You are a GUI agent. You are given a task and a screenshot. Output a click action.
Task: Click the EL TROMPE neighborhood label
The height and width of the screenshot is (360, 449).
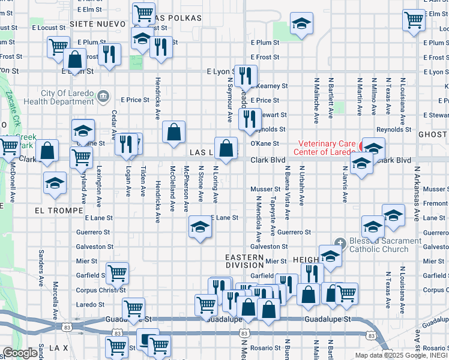coord(56,211)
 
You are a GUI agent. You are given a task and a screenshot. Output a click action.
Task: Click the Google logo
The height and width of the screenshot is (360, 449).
coord(19,353)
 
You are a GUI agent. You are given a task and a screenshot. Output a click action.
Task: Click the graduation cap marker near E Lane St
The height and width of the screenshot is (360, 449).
coord(200,227)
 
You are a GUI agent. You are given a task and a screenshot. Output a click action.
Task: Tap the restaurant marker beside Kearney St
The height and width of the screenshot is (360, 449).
coord(245,76)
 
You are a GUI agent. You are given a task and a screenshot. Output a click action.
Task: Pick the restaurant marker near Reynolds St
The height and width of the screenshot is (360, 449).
coord(249,118)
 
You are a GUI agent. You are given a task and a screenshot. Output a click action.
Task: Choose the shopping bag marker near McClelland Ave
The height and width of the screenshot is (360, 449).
coord(173,132)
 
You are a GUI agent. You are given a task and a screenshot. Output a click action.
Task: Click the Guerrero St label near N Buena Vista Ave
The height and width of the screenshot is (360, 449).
coord(294,232)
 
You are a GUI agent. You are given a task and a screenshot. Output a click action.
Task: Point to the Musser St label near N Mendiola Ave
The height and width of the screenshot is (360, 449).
coord(265,190)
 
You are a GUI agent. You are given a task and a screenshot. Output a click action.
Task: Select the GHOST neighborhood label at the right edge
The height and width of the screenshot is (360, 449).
coord(433,136)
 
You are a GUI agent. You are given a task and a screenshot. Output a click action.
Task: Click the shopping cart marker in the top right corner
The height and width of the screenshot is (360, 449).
coord(414,19)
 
